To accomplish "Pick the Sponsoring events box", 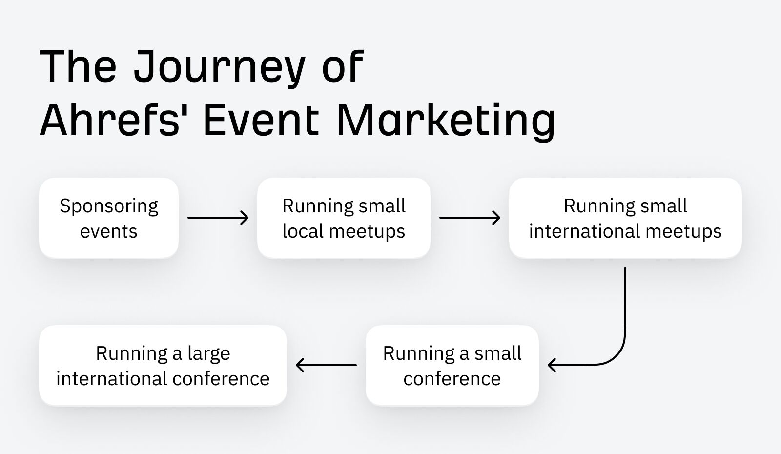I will coord(109,218).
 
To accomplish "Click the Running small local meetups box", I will coord(344,218).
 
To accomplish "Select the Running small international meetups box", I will coord(625,218).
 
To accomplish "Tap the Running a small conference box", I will coord(452,365).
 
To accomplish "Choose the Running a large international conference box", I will coord(163,365).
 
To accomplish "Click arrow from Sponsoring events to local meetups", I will coord(218,218).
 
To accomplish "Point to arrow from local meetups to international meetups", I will coord(470,218).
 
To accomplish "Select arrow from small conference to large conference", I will coord(326,365).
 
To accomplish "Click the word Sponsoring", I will coord(109,206).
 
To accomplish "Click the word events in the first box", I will coord(108,231).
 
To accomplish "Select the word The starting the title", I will coord(78,67).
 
